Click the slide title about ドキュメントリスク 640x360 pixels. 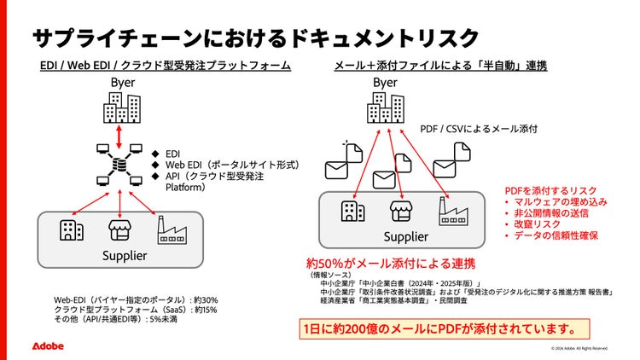(x=255, y=38)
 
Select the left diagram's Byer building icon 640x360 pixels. (x=121, y=107)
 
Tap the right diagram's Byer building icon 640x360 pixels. (x=386, y=107)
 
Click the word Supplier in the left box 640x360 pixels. (x=125, y=255)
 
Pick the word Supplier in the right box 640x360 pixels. (x=405, y=236)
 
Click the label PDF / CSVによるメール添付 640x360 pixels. (x=480, y=129)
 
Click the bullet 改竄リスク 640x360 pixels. (x=539, y=224)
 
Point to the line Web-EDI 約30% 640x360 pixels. (x=137, y=299)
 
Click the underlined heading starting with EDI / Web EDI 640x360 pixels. (x=166, y=65)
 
